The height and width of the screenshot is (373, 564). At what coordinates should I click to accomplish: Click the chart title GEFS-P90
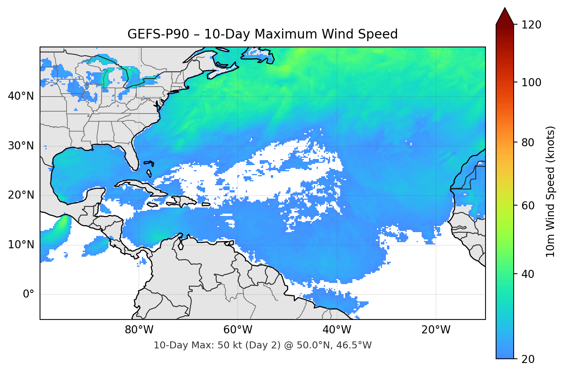(262, 34)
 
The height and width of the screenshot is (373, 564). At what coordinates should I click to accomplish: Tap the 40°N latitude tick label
(21, 96)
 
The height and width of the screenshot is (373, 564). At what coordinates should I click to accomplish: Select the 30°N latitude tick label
(21, 146)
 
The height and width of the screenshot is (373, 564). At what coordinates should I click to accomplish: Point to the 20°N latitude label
(21, 195)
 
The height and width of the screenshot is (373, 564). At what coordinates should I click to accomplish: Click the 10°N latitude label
(21, 245)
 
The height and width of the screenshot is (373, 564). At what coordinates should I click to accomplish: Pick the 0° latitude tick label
(28, 294)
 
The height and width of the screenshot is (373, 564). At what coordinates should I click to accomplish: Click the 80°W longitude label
(139, 330)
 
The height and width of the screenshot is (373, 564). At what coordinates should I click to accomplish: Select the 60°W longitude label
(238, 330)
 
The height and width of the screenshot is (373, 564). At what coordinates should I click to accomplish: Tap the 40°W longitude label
(337, 330)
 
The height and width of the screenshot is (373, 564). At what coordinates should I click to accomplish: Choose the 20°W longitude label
(436, 330)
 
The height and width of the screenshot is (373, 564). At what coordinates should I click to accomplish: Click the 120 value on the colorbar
(531, 25)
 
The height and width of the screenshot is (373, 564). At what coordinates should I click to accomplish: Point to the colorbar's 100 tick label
(531, 82)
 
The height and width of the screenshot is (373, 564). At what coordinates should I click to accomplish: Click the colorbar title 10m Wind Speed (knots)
(551, 191)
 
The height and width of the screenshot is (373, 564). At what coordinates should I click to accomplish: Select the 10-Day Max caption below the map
(262, 345)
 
